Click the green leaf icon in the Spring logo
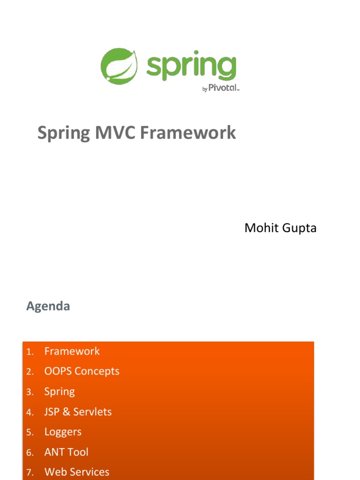(119, 67)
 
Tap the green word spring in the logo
(191, 68)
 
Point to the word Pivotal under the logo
(223, 88)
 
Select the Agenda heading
(48, 307)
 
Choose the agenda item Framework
(72, 351)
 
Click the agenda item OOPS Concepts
(82, 371)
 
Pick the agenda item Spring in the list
(60, 392)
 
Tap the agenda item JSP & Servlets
(78, 412)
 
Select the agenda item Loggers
(63, 432)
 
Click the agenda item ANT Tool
(66, 452)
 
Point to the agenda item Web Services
(76, 472)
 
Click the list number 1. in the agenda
(30, 352)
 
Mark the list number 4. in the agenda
(30, 413)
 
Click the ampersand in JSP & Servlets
(66, 412)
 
